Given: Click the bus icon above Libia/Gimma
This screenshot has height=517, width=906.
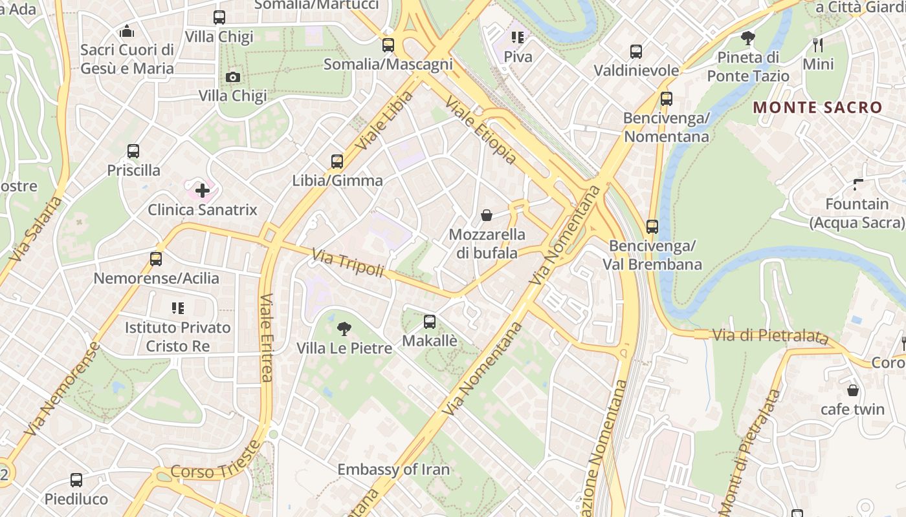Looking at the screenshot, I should [x=337, y=162].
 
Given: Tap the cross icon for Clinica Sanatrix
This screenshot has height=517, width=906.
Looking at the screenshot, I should [x=203, y=191].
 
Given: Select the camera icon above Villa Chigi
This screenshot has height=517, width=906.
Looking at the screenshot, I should [x=232, y=78].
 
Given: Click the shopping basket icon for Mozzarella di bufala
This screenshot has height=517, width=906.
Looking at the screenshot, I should [x=487, y=215].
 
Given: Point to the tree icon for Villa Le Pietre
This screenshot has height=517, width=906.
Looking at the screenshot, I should [x=344, y=329].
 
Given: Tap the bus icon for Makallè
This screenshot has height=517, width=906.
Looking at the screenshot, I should [x=430, y=322].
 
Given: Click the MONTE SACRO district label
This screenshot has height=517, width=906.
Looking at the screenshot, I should [x=818, y=107].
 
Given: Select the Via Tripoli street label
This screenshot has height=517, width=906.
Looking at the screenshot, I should [x=348, y=264].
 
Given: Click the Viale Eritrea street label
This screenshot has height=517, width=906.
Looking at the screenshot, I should [x=267, y=337].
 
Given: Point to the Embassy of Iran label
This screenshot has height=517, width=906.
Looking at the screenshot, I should [x=393, y=469].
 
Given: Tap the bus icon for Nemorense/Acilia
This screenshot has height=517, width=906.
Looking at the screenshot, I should [x=156, y=259].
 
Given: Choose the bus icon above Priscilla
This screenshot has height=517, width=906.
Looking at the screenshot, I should [x=133, y=151].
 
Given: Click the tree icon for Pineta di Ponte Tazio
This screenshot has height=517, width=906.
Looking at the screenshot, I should [x=748, y=38].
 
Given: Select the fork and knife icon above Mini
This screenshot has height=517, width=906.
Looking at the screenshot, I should [x=818, y=45].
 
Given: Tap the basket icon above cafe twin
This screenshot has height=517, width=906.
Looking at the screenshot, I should [x=853, y=390].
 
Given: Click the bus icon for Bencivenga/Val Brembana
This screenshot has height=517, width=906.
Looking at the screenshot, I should [x=652, y=227].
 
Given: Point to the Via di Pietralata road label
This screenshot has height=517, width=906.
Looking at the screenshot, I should [x=770, y=336].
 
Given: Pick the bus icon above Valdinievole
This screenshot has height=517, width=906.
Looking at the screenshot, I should [x=636, y=52].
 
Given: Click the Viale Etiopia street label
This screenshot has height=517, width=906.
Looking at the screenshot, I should [x=481, y=130].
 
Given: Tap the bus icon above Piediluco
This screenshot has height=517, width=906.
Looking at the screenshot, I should [x=76, y=480].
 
